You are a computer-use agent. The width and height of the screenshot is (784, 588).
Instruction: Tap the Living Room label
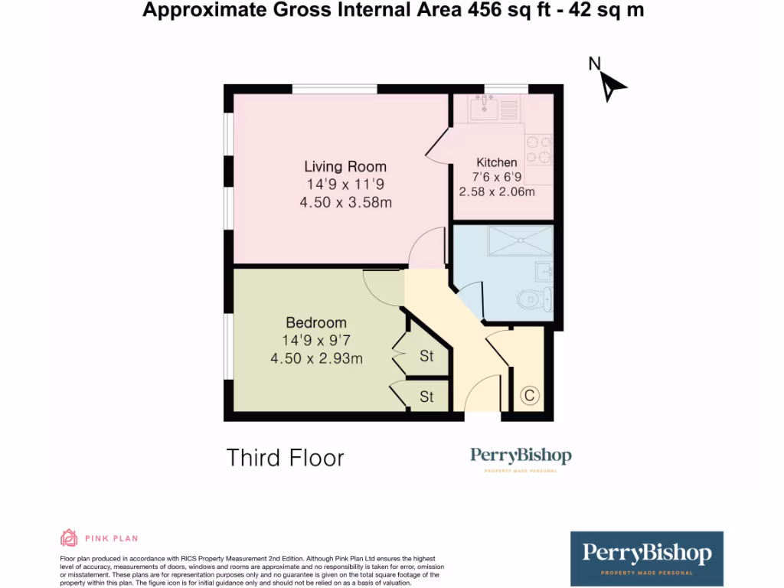(345, 166)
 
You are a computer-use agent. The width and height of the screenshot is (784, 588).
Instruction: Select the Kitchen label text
(497, 162)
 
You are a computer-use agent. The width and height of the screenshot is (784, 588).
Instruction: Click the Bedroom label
(316, 322)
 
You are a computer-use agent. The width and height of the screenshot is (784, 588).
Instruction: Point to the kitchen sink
(484, 109)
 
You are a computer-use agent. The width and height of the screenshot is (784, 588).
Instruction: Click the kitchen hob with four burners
(540, 149)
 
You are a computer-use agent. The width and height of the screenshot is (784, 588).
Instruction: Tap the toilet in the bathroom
(534, 299)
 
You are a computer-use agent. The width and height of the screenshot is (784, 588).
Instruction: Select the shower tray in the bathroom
(520, 241)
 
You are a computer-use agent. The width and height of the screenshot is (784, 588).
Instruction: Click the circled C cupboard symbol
(528, 396)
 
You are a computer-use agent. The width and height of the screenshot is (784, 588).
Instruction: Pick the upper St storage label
(426, 356)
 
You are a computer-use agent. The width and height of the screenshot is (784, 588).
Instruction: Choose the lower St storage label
(426, 397)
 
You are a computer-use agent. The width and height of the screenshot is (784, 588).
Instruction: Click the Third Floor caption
(286, 458)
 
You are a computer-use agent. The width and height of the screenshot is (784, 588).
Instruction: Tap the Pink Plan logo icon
(69, 538)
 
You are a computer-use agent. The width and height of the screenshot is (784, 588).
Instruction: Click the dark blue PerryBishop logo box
(647, 558)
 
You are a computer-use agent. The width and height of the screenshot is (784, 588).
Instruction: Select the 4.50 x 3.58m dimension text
(345, 202)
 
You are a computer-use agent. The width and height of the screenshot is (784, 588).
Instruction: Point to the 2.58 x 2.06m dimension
(497, 192)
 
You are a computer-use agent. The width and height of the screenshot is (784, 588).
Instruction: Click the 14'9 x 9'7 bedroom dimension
(316, 340)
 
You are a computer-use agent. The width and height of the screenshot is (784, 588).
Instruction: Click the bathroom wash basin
(544, 269)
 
